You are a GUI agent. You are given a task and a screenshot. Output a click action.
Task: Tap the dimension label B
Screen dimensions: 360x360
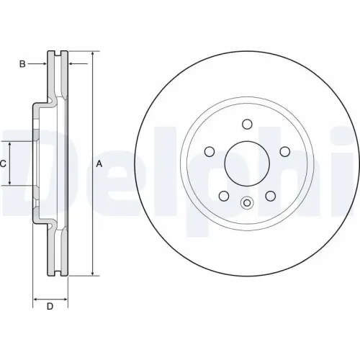22,64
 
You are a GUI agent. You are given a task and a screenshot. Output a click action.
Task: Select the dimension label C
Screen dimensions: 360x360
3,163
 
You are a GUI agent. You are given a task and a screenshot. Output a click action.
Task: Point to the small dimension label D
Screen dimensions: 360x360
50,307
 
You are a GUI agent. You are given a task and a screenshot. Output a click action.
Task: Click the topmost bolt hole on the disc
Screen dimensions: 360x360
247,124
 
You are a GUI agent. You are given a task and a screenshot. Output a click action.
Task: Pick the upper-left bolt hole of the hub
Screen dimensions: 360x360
210,151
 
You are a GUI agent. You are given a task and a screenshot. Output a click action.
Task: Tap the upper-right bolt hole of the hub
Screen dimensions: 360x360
284,151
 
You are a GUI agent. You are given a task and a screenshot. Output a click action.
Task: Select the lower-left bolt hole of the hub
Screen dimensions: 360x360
224,195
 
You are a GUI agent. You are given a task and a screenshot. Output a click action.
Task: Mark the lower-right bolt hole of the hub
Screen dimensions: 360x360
270,195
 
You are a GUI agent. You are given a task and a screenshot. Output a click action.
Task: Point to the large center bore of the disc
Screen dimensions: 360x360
247,162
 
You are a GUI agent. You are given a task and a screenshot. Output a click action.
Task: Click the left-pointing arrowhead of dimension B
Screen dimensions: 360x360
71,64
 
